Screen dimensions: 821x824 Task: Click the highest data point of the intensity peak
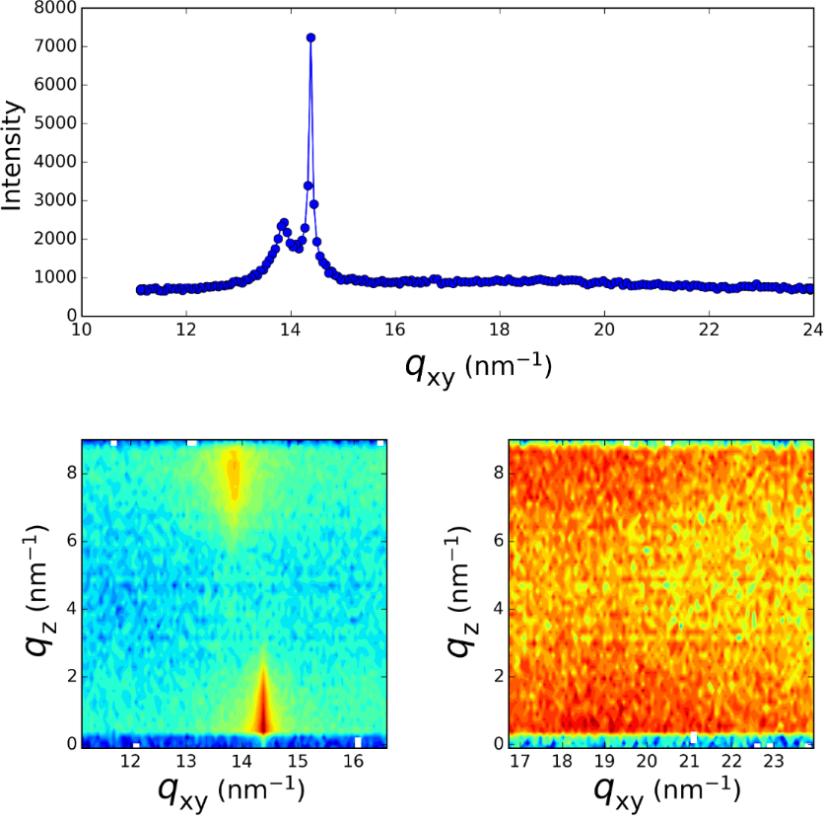pos(310,37)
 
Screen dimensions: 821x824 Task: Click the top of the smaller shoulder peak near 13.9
pos(283,223)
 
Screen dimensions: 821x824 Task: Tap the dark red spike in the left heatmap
pos(263,706)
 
